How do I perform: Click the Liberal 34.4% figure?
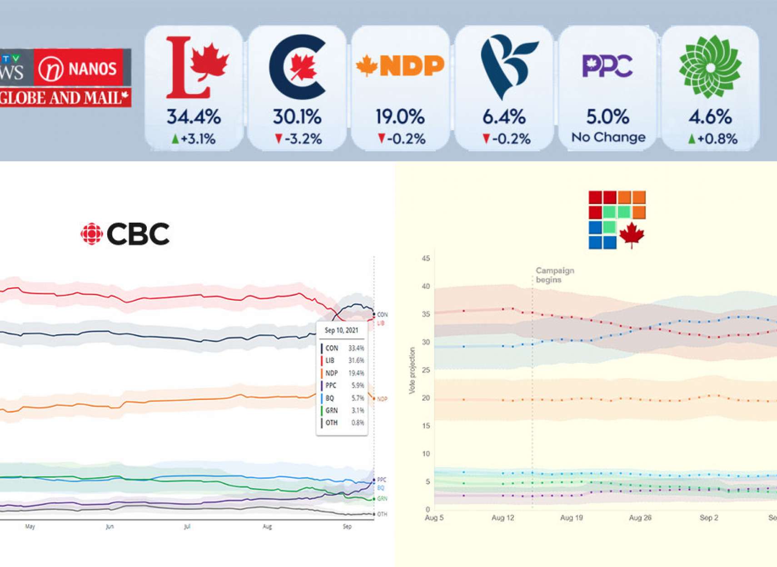click(x=194, y=117)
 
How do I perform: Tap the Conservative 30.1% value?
click(x=297, y=117)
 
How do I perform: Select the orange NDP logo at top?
click(x=400, y=66)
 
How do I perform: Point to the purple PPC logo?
click(x=608, y=66)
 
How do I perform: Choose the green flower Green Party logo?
click(x=710, y=66)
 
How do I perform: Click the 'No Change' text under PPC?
click(x=608, y=137)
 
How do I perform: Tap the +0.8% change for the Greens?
click(x=712, y=139)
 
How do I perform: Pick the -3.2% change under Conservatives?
click(x=298, y=139)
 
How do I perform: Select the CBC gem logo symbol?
click(x=91, y=234)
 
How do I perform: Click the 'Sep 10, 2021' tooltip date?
click(x=341, y=330)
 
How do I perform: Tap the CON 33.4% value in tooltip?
click(x=356, y=348)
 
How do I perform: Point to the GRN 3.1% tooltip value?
click(x=357, y=410)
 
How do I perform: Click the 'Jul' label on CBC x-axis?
click(x=187, y=527)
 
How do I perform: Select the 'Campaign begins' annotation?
click(x=555, y=275)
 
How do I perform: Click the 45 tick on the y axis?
click(x=426, y=259)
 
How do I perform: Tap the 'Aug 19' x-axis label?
click(x=571, y=517)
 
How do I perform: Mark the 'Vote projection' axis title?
click(x=412, y=370)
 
